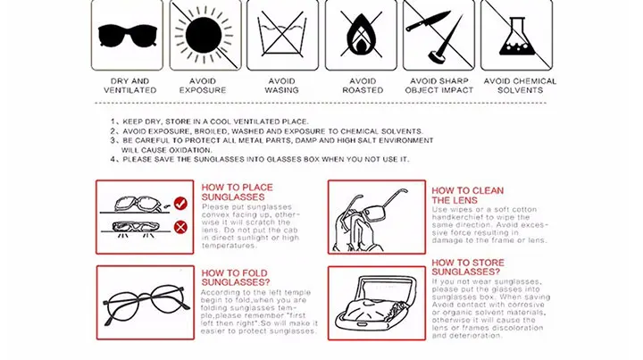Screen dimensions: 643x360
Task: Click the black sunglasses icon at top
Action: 128,36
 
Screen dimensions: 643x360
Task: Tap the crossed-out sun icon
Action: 204,35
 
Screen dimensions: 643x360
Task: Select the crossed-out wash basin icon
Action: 281,35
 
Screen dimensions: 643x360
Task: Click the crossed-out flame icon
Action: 361,35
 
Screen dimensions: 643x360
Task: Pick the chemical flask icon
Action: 517,37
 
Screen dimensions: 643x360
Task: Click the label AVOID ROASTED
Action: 363,86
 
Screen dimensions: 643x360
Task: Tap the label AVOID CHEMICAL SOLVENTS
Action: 520,86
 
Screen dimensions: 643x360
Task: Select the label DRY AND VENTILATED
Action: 130,86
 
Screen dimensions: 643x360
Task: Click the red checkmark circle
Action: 180,204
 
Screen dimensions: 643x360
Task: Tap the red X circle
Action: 180,227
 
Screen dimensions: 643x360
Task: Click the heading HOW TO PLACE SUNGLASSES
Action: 237,192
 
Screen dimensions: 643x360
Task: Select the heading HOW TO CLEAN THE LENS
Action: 467,196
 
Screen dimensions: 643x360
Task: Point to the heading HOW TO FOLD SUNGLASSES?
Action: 236,278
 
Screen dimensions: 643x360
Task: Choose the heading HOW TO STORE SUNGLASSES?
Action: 468,267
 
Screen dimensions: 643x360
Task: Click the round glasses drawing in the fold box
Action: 146,304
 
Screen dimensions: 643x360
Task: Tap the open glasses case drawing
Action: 377,303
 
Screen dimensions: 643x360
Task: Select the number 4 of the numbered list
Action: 113,159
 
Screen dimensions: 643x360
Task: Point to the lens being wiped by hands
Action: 373,213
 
